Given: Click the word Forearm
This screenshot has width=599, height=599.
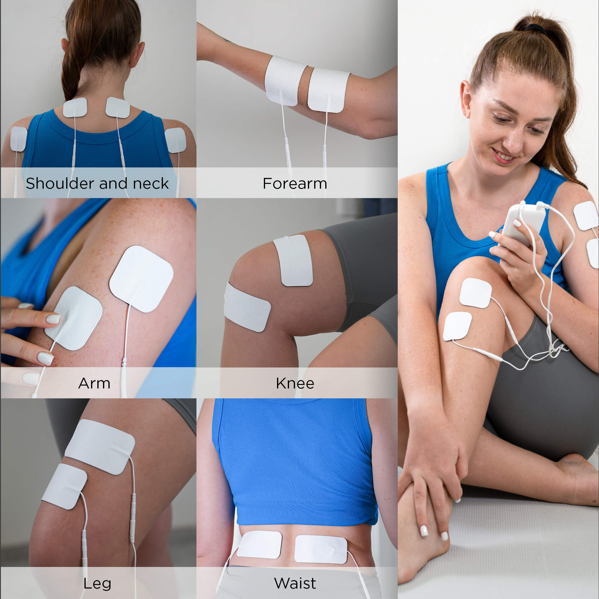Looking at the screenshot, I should [294, 184].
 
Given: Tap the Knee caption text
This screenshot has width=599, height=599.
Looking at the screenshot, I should [295, 384].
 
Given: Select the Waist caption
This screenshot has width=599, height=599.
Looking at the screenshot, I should [295, 583].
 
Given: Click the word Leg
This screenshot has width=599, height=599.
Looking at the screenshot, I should [97, 583].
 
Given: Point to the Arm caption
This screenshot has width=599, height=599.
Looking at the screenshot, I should [94, 384].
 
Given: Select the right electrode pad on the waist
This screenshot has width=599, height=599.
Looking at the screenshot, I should [320, 549].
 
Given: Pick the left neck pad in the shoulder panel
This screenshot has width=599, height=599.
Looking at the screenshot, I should [75, 108].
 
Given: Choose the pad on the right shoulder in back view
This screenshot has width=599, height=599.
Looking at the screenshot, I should [176, 140].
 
